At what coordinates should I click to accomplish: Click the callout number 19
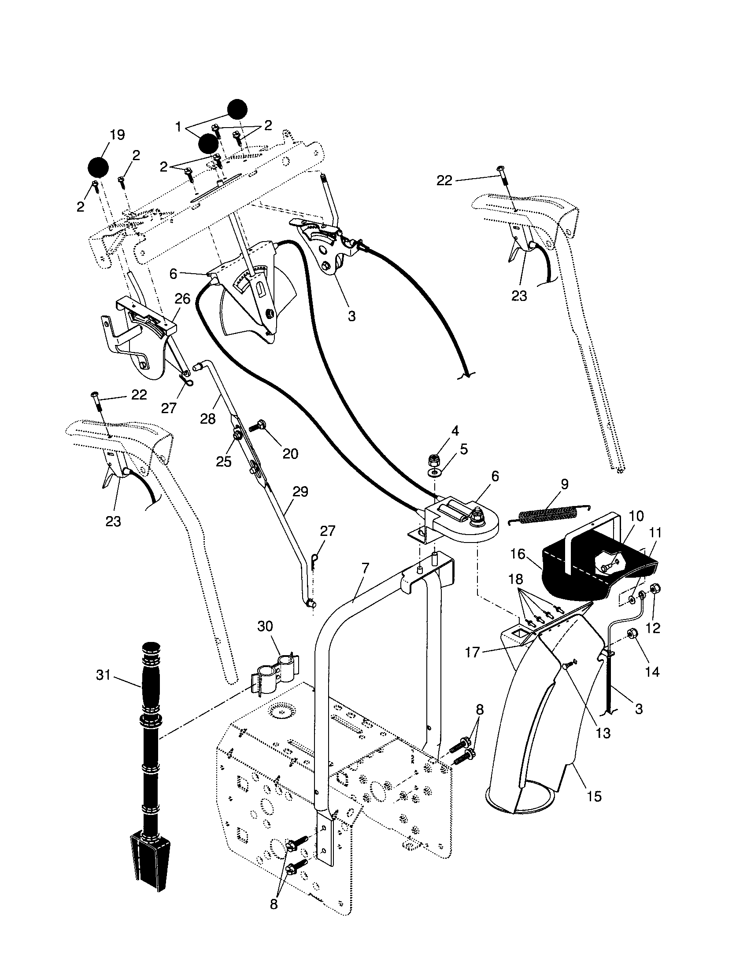117,135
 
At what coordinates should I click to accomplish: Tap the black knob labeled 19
98,167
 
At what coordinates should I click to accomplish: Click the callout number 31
104,675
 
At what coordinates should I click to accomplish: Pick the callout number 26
182,299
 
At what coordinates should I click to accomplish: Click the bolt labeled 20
257,426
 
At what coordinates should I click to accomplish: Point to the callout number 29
300,492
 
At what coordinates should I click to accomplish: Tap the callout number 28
207,418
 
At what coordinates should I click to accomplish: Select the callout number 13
603,733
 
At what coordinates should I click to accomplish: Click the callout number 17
473,653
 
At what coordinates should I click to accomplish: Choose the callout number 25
224,462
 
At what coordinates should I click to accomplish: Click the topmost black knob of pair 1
237,110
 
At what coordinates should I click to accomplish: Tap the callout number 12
653,627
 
